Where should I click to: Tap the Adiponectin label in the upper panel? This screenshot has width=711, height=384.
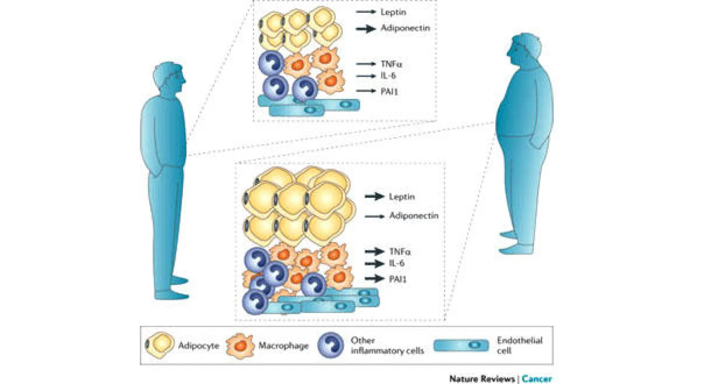pos(405,28)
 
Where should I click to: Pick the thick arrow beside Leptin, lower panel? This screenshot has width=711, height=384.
pos(374,196)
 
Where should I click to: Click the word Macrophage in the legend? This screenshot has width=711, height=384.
pos(283,346)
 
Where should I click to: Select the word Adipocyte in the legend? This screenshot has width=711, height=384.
pos(192,346)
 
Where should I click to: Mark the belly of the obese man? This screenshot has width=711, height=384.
pos(514,114)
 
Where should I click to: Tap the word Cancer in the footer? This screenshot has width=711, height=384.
pos(537,379)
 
